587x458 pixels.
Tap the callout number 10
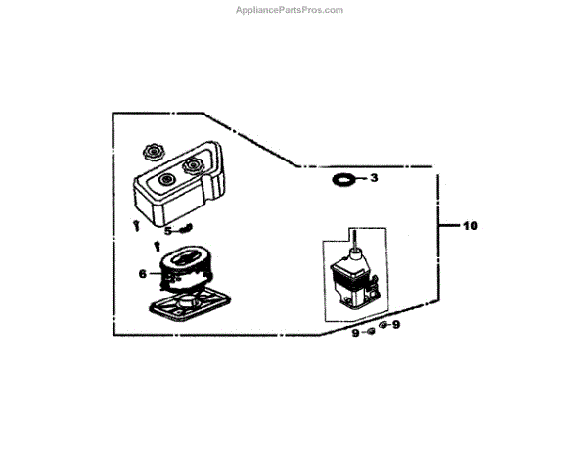click(x=471, y=226)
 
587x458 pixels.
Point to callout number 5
click(x=167, y=232)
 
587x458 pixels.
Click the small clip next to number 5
click(x=184, y=231)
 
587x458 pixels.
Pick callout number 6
click(x=143, y=274)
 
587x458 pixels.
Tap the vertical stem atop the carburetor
click(x=352, y=238)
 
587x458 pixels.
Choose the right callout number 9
click(x=396, y=325)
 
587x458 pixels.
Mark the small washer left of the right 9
click(x=383, y=325)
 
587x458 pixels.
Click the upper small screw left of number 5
click(x=134, y=226)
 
